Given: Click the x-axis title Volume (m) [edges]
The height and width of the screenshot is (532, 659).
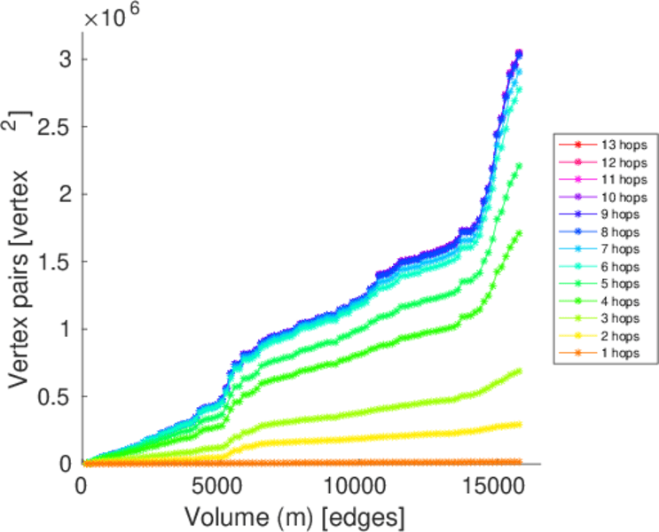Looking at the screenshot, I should tap(297, 514).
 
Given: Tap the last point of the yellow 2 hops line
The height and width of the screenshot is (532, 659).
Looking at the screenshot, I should tap(519, 424).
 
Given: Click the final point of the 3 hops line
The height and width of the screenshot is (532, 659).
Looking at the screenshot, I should tap(519, 370).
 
